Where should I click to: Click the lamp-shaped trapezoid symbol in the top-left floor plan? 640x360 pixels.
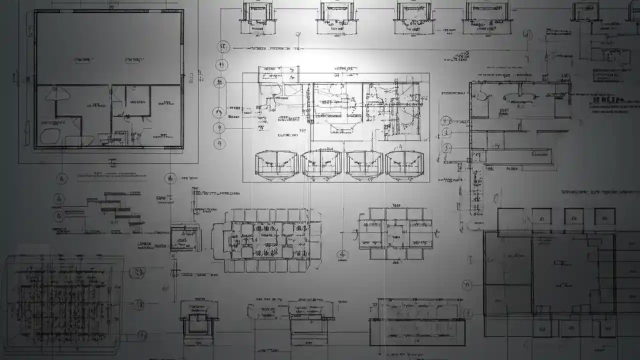[x=56, y=94]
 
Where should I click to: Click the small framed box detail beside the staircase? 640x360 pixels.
[x=184, y=238]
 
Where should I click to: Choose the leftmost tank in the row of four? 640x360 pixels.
[x=276, y=164]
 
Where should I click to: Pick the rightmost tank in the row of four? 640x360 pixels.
[x=404, y=164]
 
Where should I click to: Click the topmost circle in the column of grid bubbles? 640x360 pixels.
[x=223, y=47]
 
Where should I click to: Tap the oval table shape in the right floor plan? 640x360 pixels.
[x=519, y=97]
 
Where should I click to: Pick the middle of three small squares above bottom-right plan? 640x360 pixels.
[x=574, y=216]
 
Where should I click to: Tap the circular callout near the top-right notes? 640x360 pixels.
[x=526, y=34]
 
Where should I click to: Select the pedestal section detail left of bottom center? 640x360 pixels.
[x=198, y=320]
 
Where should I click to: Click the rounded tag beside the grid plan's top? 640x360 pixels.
[x=137, y=273]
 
